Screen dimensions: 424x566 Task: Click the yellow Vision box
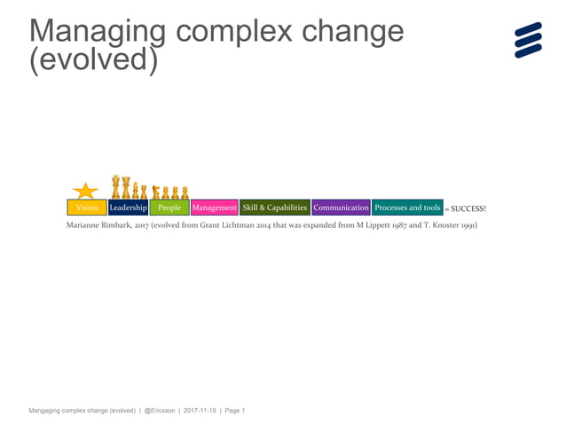click(87, 208)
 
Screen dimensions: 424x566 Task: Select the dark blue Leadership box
click(128, 208)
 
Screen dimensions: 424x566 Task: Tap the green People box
click(169, 208)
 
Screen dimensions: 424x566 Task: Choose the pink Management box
click(215, 208)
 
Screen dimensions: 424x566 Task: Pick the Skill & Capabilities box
click(275, 208)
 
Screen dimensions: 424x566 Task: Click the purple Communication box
click(341, 208)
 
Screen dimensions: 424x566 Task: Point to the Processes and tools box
click(407, 208)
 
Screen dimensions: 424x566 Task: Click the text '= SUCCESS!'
click(466, 208)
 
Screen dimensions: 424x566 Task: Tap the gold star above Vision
click(85, 191)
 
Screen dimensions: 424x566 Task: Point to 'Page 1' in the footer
click(234, 411)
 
